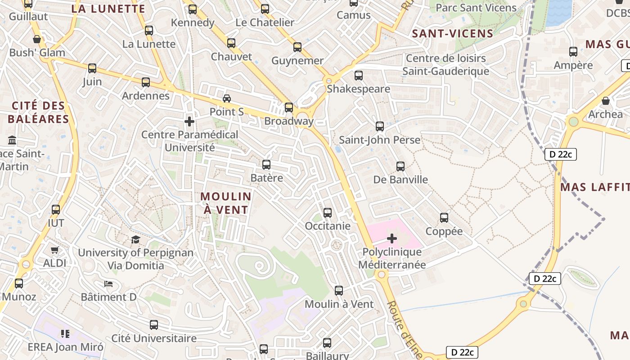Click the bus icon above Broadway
(289, 108)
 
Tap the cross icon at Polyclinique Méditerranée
(392, 238)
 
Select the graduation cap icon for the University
(136, 239)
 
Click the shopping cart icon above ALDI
(55, 250)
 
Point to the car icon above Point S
(227, 98)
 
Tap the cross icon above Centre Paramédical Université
(189, 121)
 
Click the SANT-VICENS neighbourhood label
(453, 33)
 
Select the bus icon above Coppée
(444, 218)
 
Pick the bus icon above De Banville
(400, 166)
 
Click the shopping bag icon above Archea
(606, 101)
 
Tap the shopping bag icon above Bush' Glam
(37, 39)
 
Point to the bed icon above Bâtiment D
(108, 283)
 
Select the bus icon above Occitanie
(328, 212)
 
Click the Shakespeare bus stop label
(358, 89)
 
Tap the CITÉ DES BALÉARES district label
(38, 112)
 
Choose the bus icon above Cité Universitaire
(154, 324)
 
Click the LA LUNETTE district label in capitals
(108, 9)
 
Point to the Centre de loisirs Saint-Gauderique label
(445, 65)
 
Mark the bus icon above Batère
(266, 165)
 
